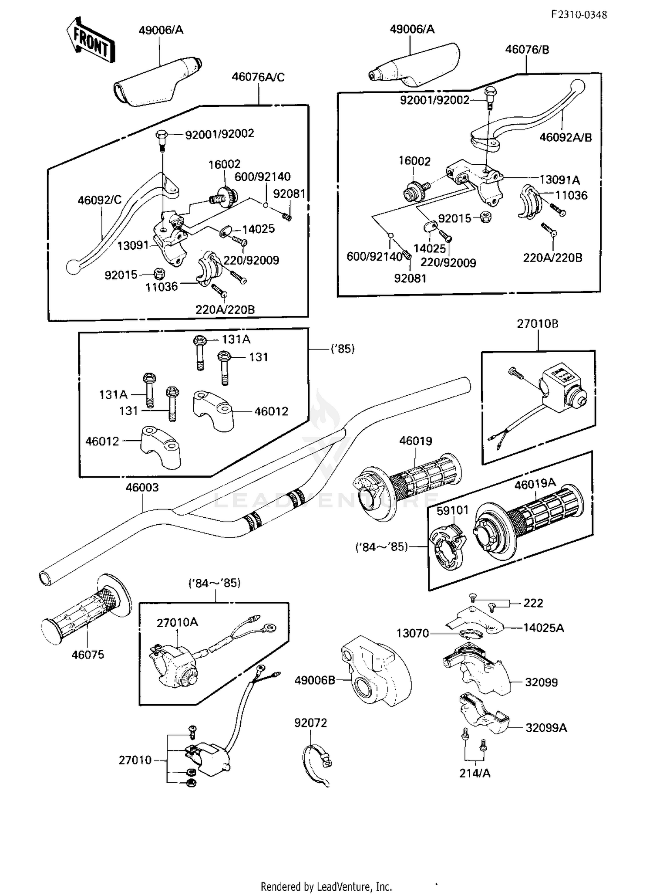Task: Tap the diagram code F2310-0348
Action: pos(579,15)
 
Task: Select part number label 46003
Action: pos(142,488)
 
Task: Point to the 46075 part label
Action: pos(88,655)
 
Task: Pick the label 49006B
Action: pos(314,680)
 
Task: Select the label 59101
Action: pos(452,510)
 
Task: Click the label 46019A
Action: pos(535,484)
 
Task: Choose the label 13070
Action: pos(412,633)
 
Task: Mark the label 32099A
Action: pos(546,728)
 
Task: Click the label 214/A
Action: pos(475,773)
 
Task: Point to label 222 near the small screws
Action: pos(533,603)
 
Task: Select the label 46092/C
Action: pos(100,200)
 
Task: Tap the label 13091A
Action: pos(559,180)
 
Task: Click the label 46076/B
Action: pos(527,50)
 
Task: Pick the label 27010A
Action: pos(177,623)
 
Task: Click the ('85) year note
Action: pos(343,349)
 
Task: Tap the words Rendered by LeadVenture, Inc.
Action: pos(326,886)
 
